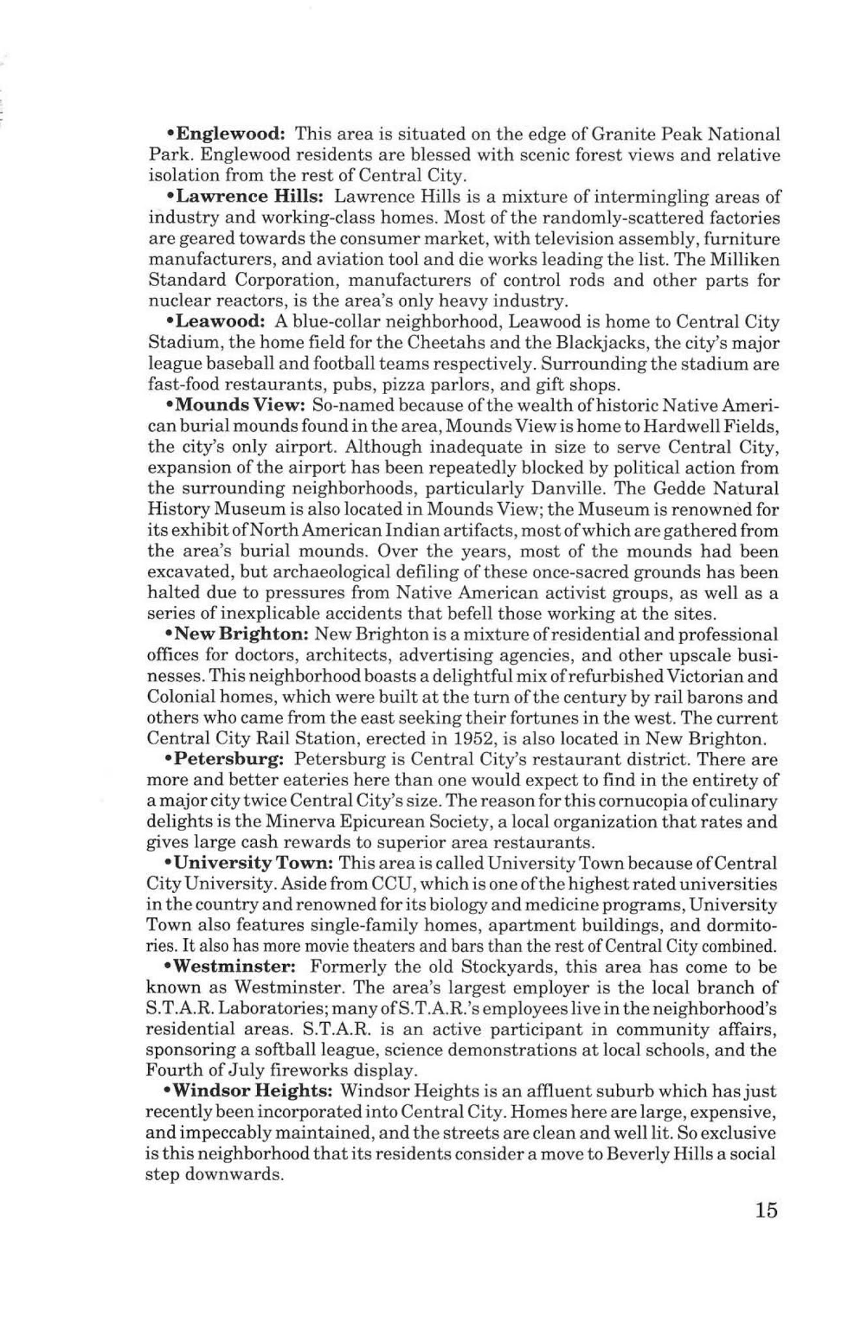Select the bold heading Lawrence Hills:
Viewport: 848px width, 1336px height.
coord(247,197)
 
